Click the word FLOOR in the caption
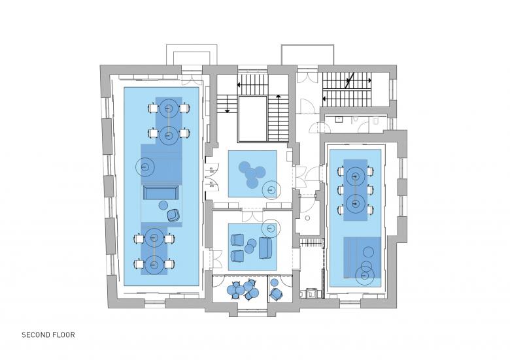point(63,335)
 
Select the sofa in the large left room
point(161,193)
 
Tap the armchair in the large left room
point(173,216)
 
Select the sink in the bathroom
point(339,120)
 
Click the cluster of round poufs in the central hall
point(252,174)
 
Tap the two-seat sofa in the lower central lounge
point(265,248)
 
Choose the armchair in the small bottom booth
point(277,295)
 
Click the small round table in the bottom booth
point(275,282)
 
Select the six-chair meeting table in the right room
point(356,190)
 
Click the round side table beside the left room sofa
point(163,205)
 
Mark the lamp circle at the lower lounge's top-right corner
point(270,228)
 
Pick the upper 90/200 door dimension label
point(211,170)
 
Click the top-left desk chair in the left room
point(152,108)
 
